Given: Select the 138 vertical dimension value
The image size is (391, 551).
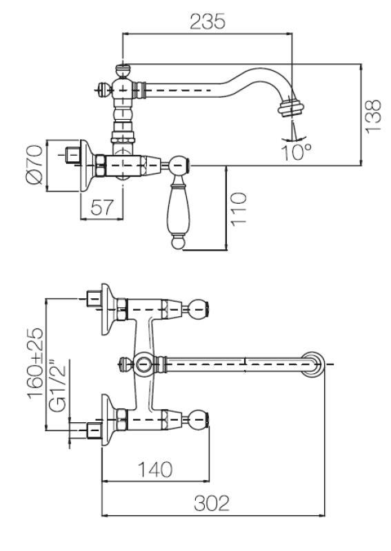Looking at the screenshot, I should [373, 115].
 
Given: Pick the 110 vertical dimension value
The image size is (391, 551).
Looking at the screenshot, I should [239, 209].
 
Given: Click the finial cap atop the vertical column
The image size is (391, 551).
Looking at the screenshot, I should [122, 69].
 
